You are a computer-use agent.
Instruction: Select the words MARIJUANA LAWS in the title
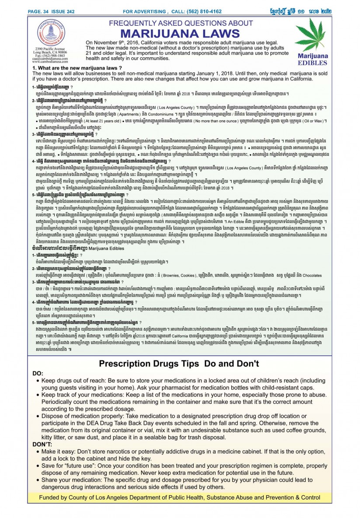tap(178, 34)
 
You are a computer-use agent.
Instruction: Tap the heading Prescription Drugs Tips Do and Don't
tap(179, 364)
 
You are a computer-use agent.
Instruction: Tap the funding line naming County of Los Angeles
tap(179, 497)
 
